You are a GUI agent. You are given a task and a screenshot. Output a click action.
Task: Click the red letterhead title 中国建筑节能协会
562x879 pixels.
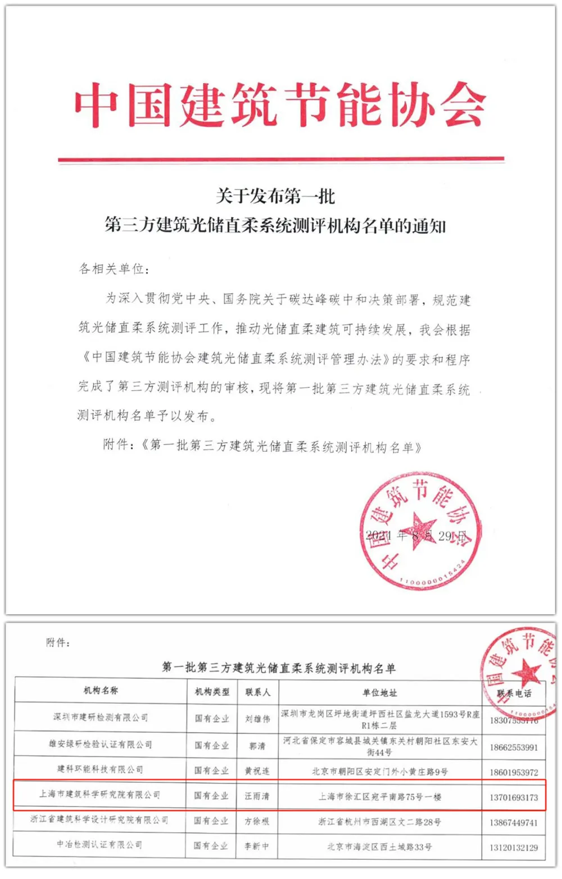pyautogui.click(x=280, y=106)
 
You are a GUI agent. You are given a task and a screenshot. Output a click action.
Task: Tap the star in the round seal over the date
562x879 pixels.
pyautogui.click(x=420, y=529)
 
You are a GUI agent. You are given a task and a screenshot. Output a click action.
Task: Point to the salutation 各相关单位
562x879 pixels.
pyautogui.click(x=114, y=269)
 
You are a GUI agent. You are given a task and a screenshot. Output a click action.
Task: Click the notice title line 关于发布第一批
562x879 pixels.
pyautogui.click(x=275, y=196)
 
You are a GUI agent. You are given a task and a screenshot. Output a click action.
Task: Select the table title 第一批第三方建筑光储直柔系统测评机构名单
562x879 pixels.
pyautogui.click(x=279, y=668)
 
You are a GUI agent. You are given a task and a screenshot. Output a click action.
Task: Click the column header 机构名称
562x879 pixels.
pyautogui.click(x=101, y=691)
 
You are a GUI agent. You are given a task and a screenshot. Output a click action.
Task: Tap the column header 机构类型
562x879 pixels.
pyautogui.click(x=212, y=692)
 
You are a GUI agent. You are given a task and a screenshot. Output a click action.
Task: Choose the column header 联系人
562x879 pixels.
pyautogui.click(x=258, y=692)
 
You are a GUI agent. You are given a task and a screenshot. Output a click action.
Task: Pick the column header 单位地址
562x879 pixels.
pyautogui.click(x=380, y=692)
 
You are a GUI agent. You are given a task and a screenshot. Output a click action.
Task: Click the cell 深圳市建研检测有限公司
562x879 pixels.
pyautogui.click(x=101, y=717)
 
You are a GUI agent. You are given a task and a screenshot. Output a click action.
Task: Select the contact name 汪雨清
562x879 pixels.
pyautogui.click(x=257, y=796)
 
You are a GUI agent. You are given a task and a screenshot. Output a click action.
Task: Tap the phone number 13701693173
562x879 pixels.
pyautogui.click(x=514, y=797)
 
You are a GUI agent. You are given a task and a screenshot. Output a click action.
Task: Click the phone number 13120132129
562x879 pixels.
pyautogui.click(x=514, y=847)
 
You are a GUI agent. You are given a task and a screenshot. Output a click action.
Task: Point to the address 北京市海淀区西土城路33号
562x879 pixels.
pyautogui.click(x=379, y=846)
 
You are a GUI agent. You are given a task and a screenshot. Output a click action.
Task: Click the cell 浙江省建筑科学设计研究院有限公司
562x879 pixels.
pyautogui.click(x=99, y=820)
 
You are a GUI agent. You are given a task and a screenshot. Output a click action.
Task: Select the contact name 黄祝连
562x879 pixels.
pyautogui.click(x=257, y=771)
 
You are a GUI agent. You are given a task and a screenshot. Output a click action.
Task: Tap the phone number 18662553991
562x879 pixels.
pyautogui.click(x=514, y=747)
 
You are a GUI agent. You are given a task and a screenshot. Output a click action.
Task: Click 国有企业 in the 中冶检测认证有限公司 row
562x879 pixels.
pyautogui.click(x=211, y=845)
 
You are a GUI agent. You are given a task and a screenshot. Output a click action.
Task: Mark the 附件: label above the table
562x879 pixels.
pyautogui.click(x=58, y=642)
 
